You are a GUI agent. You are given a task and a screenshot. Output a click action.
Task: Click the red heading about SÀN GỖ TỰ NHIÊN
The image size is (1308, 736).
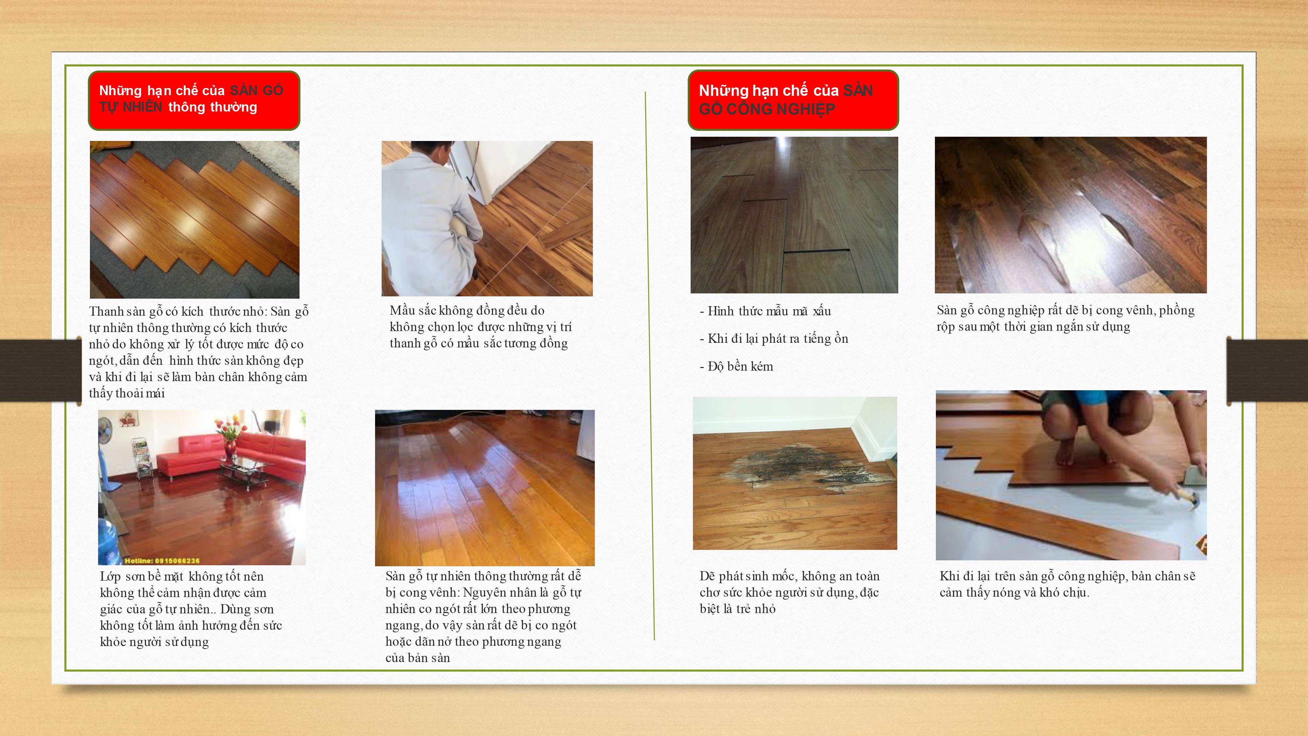coord(194,100)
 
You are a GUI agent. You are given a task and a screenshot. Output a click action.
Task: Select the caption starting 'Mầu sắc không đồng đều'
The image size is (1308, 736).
coord(480,326)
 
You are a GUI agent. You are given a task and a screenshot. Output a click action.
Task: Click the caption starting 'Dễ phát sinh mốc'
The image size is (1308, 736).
coord(790,592)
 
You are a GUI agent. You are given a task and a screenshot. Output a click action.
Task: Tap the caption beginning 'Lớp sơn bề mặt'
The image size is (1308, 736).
coord(191,609)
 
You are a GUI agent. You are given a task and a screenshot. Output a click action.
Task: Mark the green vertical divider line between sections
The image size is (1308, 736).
coord(650,366)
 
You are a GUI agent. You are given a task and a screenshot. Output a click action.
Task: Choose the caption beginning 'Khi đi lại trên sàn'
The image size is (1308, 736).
coord(1067,584)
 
